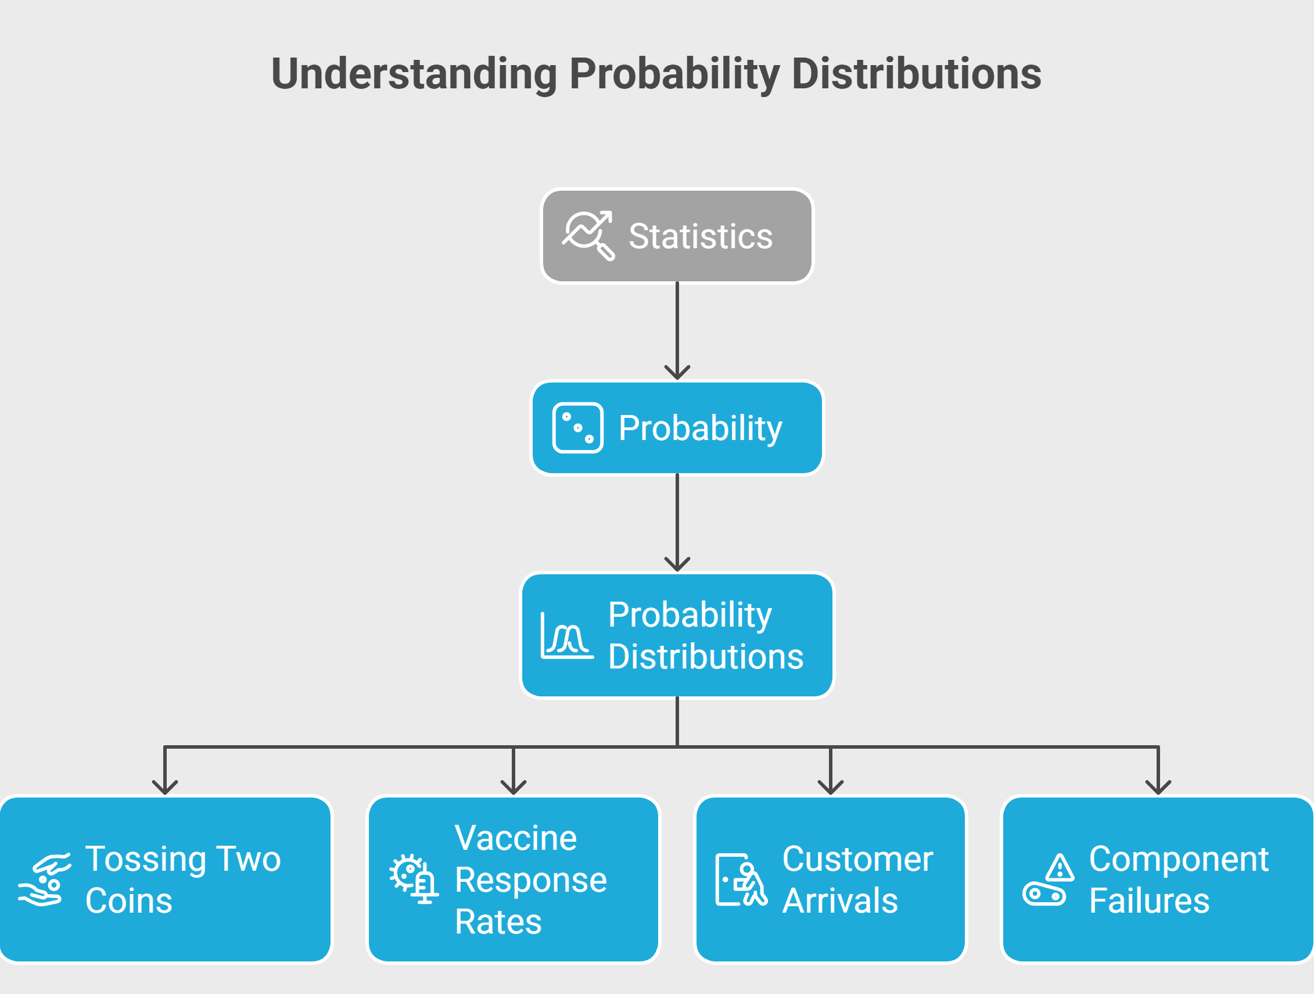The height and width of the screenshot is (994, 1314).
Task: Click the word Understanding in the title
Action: (414, 74)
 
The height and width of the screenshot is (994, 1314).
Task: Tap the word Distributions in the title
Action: (917, 74)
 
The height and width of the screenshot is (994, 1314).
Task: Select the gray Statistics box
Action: (677, 236)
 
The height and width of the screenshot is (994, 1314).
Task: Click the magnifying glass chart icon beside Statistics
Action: (588, 235)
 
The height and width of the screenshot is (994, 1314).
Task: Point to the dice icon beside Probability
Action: (577, 428)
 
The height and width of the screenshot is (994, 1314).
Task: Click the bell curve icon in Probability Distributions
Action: (568, 635)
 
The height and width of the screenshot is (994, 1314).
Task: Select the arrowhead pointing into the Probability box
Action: (677, 373)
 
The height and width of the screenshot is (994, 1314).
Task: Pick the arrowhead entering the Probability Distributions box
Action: (677, 564)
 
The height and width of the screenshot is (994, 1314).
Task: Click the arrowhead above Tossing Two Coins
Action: (165, 788)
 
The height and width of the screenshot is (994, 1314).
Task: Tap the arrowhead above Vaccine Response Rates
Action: (514, 788)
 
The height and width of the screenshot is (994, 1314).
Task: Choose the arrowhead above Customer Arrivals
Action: (831, 788)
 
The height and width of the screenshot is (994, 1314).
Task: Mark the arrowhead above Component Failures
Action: (1158, 788)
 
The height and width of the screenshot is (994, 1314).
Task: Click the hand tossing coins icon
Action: (45, 880)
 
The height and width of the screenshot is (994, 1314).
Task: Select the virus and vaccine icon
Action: (414, 879)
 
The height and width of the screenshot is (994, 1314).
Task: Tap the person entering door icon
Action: (741, 880)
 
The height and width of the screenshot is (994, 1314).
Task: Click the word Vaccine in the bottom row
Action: (516, 838)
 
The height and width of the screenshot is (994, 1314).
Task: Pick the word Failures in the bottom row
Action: (1150, 900)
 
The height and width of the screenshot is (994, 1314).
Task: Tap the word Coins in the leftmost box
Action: (129, 900)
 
